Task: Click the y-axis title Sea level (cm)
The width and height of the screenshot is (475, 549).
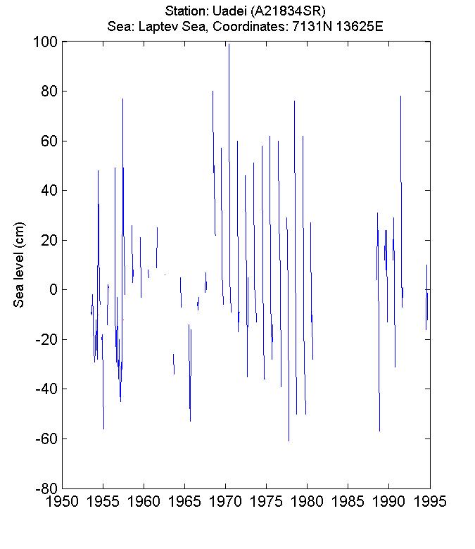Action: coord(20,264)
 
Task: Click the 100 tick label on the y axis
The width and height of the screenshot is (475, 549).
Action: coord(45,42)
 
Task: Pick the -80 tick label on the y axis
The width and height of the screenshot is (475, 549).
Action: coord(44,488)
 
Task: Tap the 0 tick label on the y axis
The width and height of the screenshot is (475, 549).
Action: coord(53,290)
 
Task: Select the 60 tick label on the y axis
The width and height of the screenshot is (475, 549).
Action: coord(49,141)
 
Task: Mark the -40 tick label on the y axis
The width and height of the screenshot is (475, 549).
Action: coord(44,389)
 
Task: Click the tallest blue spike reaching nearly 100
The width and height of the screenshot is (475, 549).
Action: coord(228,45)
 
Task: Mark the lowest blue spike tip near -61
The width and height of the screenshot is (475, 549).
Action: coord(289,439)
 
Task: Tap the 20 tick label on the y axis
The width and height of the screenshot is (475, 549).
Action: coord(49,241)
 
